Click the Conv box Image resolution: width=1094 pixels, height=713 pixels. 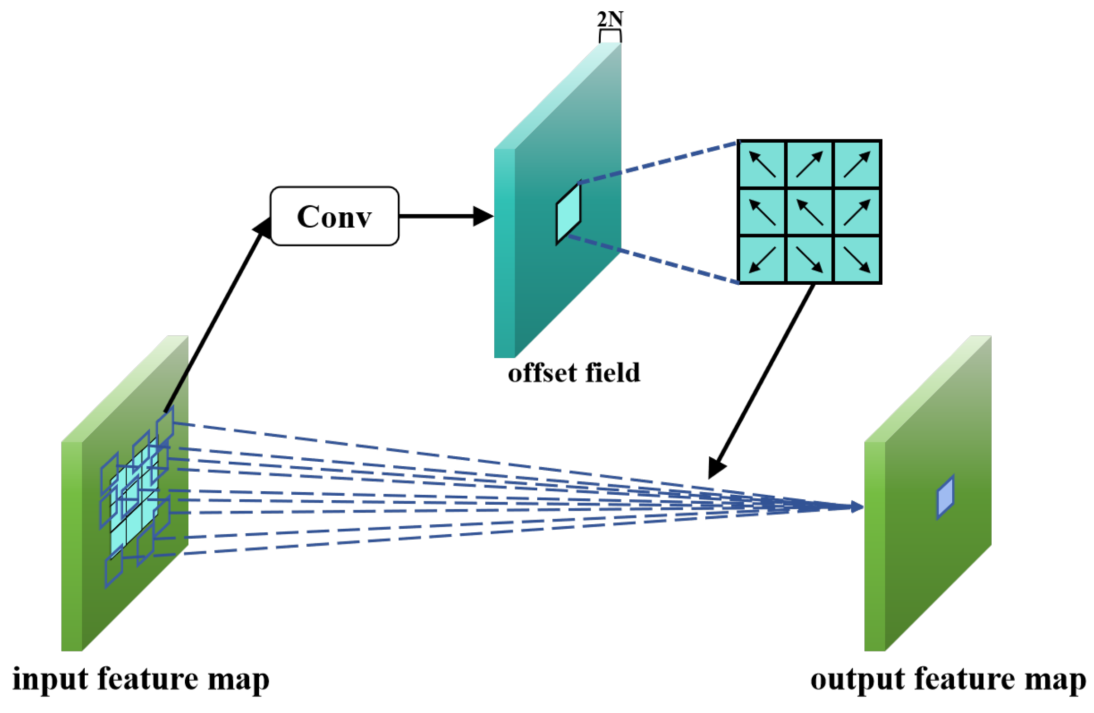coord(334,216)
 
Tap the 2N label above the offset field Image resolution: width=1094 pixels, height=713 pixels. coord(610,19)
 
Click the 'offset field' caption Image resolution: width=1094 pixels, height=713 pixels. coord(574,373)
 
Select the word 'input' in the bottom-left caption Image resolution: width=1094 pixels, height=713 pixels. coord(50,680)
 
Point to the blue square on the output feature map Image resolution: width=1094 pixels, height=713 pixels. coord(945,498)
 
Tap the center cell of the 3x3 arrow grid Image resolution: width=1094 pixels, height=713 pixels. coord(810,212)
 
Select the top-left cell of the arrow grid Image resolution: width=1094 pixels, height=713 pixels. coord(762,164)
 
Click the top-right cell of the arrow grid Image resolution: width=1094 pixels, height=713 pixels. coord(857,164)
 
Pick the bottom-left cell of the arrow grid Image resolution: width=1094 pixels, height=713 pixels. coord(762,259)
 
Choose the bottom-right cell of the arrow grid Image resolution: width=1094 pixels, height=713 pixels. coord(857,259)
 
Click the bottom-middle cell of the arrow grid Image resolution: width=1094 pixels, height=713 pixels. coord(810,259)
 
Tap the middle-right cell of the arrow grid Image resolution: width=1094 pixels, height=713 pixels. coord(857,212)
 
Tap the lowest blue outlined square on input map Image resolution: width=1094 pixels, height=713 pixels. coord(114,569)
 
